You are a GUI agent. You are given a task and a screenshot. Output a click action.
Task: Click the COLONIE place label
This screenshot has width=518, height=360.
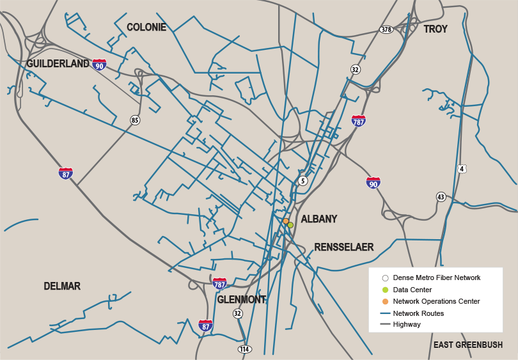click(146, 27)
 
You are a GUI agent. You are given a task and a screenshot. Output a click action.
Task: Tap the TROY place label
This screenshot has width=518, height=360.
click(436, 29)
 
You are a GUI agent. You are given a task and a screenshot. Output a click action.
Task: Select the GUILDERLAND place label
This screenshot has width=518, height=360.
click(58, 63)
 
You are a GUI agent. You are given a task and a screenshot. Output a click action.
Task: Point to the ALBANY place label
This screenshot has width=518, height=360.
click(319, 219)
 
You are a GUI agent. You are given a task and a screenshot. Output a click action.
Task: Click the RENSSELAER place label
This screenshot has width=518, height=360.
click(343, 247)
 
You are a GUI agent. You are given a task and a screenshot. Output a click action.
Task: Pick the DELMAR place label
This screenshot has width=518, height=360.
click(62, 286)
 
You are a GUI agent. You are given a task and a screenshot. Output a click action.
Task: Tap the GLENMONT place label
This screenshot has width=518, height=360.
click(241, 299)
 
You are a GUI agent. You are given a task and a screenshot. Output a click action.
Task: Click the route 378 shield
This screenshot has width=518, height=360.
click(386, 29)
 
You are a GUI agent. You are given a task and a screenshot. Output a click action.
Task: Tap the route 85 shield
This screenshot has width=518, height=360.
click(135, 120)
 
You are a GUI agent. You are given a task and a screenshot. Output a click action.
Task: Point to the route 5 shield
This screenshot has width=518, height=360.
click(303, 181)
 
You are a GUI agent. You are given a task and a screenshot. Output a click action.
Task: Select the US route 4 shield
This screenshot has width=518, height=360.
click(462, 169)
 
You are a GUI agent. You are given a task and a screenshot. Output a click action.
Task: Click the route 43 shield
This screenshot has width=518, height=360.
click(441, 196)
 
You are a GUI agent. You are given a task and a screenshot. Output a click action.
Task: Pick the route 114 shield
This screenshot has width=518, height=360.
click(244, 349)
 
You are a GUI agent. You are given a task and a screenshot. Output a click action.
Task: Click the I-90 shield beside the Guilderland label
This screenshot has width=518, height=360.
click(99, 65)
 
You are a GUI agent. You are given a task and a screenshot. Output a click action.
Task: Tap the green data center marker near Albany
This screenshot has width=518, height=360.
click(290, 225)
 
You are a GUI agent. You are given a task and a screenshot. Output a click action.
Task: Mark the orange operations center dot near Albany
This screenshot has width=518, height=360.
click(286, 221)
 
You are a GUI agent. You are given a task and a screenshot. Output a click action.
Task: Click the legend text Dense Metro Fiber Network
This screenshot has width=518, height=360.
click(436, 278)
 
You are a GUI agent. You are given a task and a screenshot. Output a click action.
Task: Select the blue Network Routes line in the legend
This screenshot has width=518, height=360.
click(385, 313)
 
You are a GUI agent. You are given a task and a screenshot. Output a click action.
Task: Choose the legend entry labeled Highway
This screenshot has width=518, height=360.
click(407, 324)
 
